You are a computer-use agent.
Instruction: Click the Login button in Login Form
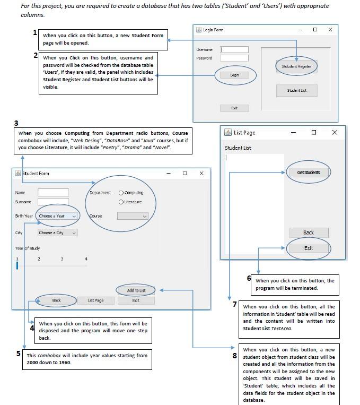(234, 75)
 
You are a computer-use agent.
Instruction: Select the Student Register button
(296, 66)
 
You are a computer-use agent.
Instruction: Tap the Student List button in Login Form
(296, 90)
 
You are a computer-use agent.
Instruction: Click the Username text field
(234, 49)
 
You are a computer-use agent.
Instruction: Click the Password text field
(234, 58)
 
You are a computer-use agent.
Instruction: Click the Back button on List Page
(309, 232)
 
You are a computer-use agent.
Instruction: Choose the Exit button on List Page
(309, 248)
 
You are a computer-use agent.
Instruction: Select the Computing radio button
(121, 193)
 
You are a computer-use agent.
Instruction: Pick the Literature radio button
(121, 202)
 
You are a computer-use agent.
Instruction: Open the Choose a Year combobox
(58, 216)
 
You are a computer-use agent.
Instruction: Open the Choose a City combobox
(58, 232)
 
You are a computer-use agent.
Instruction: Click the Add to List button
(136, 290)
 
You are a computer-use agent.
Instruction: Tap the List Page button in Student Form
(95, 300)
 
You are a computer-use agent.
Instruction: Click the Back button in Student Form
(56, 300)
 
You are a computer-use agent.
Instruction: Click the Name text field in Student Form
(53, 192)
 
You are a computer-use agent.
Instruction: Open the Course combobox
(133, 216)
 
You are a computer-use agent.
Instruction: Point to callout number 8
(234, 356)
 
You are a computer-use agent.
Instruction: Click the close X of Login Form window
(330, 30)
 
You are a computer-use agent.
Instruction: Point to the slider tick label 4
(86, 259)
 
